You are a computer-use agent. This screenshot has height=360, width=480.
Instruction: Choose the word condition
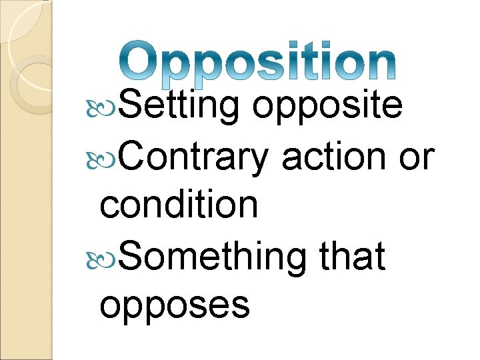[x=179, y=205]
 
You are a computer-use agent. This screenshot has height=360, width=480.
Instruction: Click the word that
[x=353, y=255]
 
